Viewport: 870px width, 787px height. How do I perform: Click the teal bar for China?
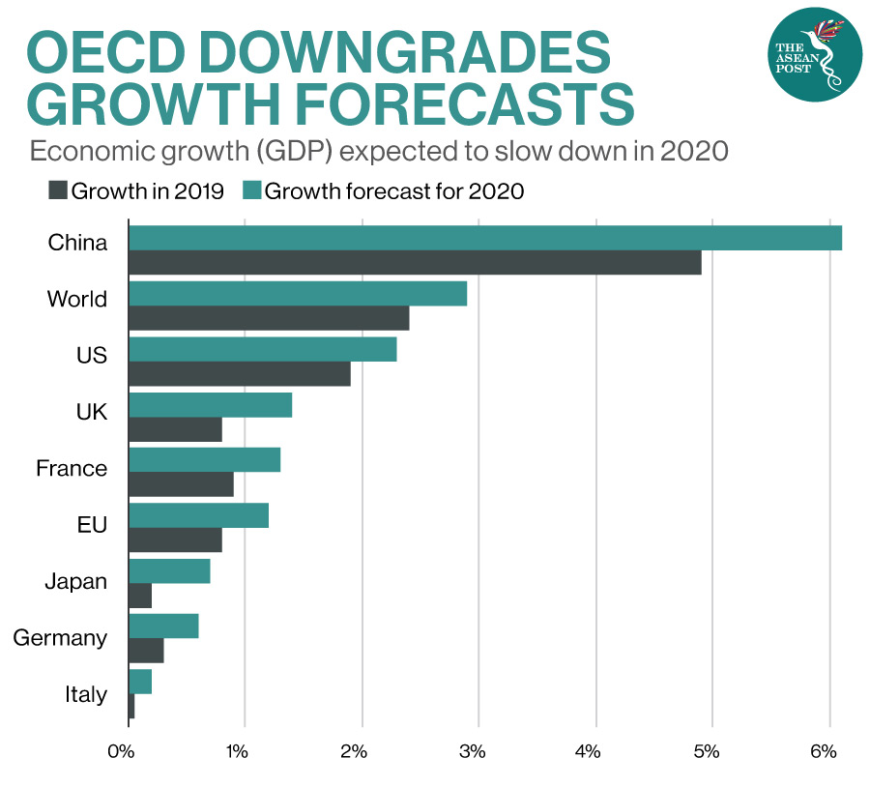click(484, 237)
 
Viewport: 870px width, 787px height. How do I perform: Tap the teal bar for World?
click(297, 293)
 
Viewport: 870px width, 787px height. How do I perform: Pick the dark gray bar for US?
click(239, 374)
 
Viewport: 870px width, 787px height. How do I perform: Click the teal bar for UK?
click(210, 406)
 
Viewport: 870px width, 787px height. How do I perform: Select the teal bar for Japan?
click(169, 570)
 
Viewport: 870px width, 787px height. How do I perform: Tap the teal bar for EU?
click(198, 515)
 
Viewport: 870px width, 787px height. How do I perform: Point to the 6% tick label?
click(823, 751)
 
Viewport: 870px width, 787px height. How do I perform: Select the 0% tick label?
click(121, 751)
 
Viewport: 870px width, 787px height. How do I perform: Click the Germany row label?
click(60, 638)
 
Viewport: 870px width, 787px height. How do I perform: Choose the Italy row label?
click(85, 694)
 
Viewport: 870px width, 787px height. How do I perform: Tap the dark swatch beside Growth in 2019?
click(58, 190)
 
